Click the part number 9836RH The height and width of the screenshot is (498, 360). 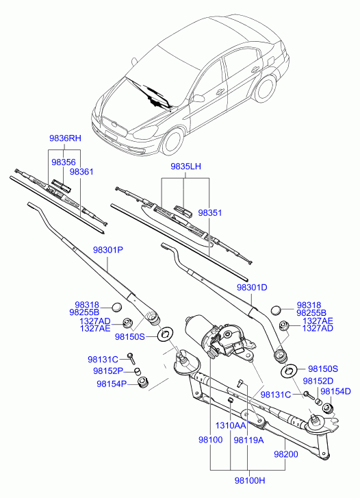coord(65,138)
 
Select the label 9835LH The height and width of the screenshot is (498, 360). coord(185,166)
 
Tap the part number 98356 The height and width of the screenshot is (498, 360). coord(64,162)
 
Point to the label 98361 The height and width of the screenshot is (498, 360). coord(81,172)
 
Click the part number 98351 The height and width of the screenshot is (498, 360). coord(210,213)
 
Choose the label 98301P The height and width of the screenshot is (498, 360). coord(108,250)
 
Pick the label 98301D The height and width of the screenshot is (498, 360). coord(252,288)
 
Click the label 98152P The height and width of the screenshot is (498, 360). coord(108,371)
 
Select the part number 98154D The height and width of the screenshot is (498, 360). coord(335,392)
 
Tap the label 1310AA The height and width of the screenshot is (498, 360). coord(231,425)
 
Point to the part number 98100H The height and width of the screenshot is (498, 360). coord(250,480)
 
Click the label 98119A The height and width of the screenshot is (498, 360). coord(248,440)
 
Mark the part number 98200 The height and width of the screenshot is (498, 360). coord(286,454)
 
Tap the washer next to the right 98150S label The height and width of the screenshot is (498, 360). coord(289,370)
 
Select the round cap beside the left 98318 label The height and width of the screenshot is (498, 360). coord(117,306)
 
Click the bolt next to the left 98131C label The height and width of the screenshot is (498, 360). coord(131,358)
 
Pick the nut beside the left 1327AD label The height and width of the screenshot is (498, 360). coord(127,323)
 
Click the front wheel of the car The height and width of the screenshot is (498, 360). coord(173,142)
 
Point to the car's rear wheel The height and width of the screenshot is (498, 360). coord(264,88)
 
